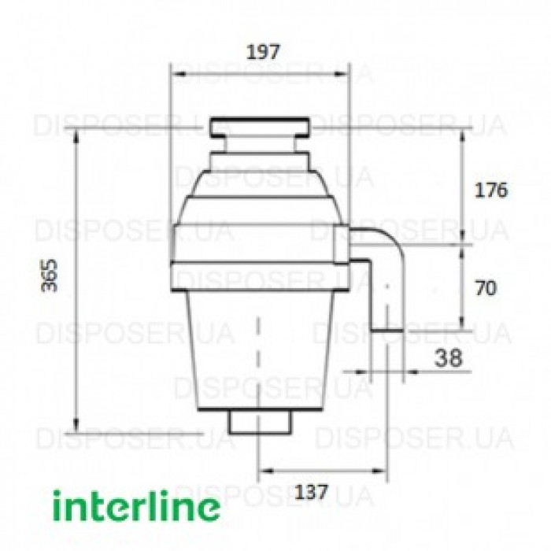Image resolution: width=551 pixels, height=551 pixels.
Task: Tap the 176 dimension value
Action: click(x=492, y=190)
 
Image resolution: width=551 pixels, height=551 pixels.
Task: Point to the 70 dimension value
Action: click(x=486, y=288)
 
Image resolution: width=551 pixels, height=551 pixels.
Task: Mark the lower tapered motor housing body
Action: click(x=260, y=346)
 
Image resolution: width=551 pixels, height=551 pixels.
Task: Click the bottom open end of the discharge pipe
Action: click(x=387, y=328)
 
